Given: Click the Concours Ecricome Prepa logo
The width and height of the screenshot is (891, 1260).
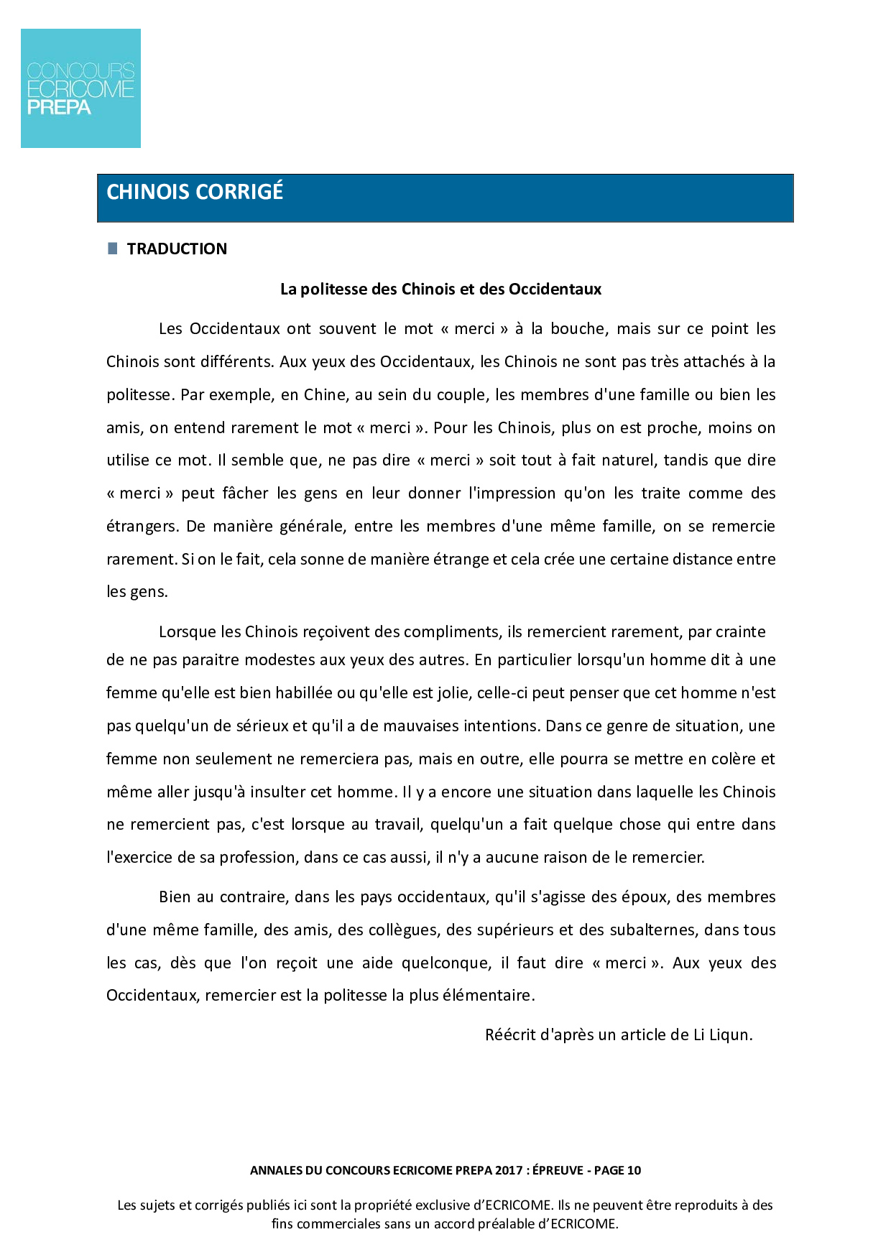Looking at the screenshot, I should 80,88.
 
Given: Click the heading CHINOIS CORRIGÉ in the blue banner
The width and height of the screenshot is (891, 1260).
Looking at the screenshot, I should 195,192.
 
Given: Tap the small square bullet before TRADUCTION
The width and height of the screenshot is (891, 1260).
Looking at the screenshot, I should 112,249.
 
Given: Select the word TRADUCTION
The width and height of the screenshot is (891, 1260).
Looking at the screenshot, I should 177,249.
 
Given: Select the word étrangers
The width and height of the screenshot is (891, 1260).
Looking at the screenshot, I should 142,527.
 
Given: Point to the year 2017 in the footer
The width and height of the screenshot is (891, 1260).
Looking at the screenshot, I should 509,1170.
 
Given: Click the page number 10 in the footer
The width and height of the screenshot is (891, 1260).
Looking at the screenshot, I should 634,1170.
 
